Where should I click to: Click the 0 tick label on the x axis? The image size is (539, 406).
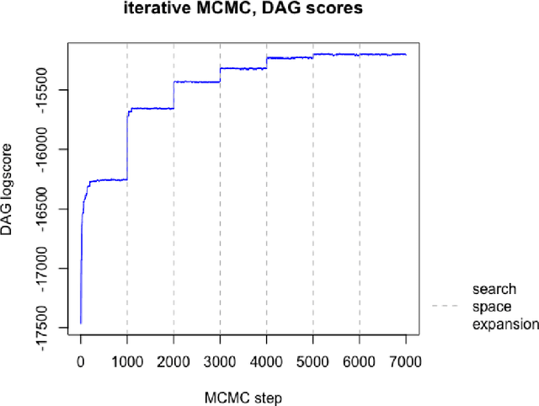(x=81, y=360)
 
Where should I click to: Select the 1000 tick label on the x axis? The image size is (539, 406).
(x=127, y=360)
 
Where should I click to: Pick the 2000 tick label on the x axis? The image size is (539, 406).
(x=173, y=360)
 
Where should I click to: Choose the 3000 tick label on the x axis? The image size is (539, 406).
(x=220, y=360)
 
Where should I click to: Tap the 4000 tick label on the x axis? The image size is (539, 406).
(x=266, y=360)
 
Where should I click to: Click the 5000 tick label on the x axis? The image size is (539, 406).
(x=313, y=360)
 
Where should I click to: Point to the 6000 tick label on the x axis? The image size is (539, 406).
(x=360, y=360)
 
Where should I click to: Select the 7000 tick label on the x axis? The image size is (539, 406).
(x=406, y=360)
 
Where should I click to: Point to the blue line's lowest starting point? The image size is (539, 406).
(x=81, y=323)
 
